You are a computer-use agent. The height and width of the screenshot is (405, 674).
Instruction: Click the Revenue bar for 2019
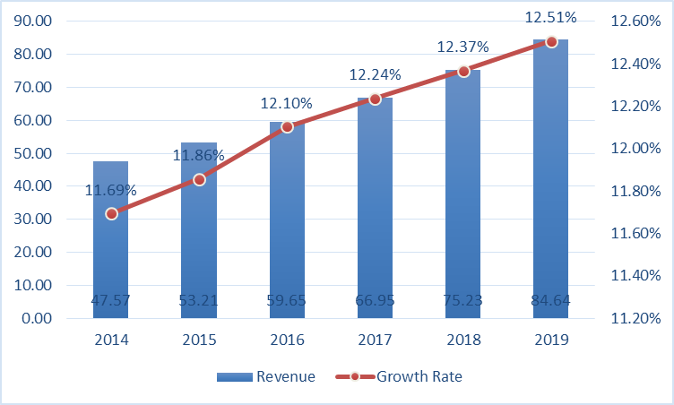coord(551,179)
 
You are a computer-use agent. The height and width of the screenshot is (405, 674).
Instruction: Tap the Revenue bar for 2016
coord(287,224)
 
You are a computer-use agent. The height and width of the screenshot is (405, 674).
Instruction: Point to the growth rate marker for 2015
coord(199,179)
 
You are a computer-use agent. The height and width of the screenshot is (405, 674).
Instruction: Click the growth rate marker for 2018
coord(463,71)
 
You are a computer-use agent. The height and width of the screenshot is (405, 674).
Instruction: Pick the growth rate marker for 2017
coord(375,99)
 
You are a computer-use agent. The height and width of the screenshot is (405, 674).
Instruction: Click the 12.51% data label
coord(551,18)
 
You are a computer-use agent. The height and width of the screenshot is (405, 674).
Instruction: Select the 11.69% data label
coord(111,190)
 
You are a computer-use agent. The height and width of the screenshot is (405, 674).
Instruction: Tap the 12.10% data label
coord(287,104)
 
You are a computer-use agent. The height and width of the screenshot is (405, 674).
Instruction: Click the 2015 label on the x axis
coord(199,340)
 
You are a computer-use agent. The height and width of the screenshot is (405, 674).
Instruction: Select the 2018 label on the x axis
coord(463,340)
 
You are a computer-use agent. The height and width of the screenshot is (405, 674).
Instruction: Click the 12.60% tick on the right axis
coord(637,21)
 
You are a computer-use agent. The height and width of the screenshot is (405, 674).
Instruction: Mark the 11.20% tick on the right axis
coord(637,318)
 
